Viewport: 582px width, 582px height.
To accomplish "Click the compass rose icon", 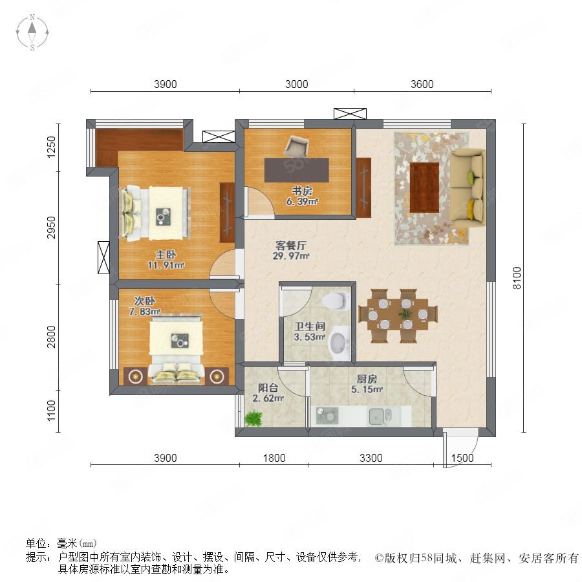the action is [x=32, y=32].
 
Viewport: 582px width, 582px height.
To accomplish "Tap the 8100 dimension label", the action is [x=517, y=278].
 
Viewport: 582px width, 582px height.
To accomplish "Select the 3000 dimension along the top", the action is [x=297, y=84].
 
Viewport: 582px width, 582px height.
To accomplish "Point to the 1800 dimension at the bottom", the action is [x=274, y=458].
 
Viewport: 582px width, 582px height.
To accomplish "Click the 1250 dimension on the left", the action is [x=51, y=147].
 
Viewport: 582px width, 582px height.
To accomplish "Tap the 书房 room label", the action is [x=302, y=191].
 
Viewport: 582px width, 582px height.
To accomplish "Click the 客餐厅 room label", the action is [x=290, y=245].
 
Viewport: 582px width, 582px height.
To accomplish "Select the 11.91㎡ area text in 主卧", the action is [x=166, y=265].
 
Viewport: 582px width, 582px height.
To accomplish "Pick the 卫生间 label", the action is [x=310, y=327].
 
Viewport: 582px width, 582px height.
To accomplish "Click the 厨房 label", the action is [x=367, y=379].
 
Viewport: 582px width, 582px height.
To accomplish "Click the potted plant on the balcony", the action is [x=254, y=418].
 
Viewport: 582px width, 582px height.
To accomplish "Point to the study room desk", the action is [x=297, y=170].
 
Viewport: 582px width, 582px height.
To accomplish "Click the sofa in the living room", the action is [x=468, y=188].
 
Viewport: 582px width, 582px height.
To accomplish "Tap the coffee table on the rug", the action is [x=424, y=188].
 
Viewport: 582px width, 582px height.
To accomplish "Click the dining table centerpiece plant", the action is [x=405, y=314].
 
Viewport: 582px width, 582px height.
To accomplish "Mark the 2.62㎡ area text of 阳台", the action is [x=268, y=398].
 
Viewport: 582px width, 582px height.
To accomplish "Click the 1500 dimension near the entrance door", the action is [x=462, y=458].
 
